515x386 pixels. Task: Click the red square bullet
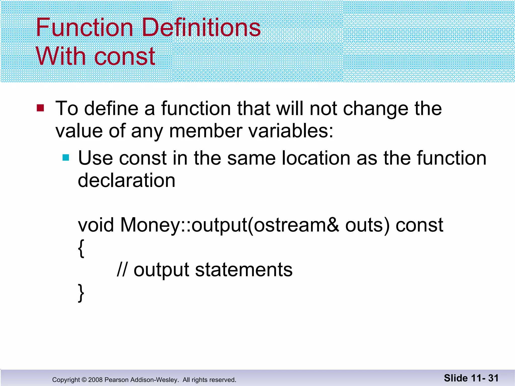(x=40, y=108)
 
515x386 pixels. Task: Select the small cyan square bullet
(x=66, y=158)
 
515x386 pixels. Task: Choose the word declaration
(x=126, y=180)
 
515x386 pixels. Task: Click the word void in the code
(x=96, y=225)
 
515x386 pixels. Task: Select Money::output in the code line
(x=184, y=225)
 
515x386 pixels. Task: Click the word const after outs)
(x=419, y=225)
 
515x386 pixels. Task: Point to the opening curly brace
(x=81, y=248)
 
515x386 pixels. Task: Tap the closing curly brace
(x=81, y=293)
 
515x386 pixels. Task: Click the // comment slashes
(x=122, y=270)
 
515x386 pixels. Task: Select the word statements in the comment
(x=244, y=270)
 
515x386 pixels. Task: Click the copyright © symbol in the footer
(x=84, y=380)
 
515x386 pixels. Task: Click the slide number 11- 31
(x=485, y=378)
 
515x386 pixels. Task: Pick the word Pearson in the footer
(x=114, y=380)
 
